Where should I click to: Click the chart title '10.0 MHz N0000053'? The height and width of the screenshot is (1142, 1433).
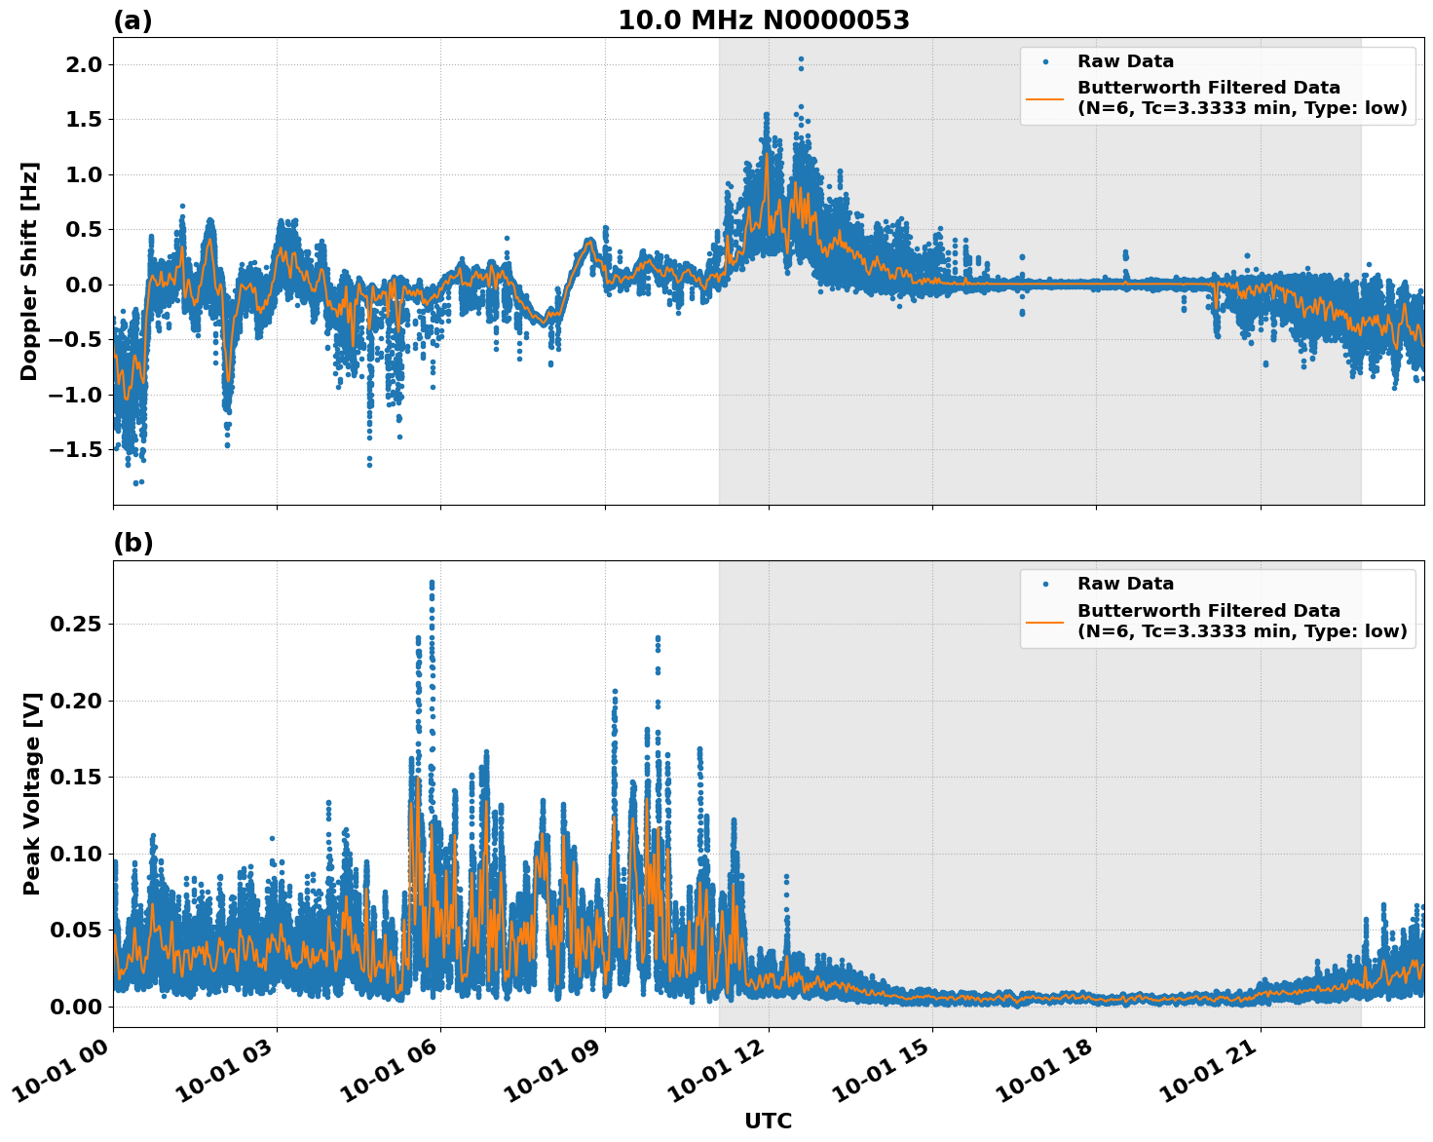pyautogui.click(x=763, y=20)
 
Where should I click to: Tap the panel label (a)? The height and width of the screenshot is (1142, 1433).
pyautogui.click(x=132, y=20)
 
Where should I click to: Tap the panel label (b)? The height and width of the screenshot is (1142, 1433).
pyautogui.click(x=132, y=543)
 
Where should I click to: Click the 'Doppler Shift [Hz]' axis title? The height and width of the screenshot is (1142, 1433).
pyautogui.click(x=29, y=271)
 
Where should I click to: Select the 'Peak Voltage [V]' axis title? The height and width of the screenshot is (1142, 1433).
pyautogui.click(x=32, y=794)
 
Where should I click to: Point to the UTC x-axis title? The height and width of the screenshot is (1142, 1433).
pyautogui.click(x=768, y=1121)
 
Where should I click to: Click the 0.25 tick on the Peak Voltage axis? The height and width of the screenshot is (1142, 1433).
pyautogui.click(x=75, y=624)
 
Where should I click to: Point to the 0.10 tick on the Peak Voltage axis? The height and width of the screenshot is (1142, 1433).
pyautogui.click(x=75, y=854)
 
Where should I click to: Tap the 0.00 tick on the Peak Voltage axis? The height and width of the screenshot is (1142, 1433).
pyautogui.click(x=75, y=1007)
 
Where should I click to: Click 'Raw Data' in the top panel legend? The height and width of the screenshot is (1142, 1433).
pyautogui.click(x=1125, y=61)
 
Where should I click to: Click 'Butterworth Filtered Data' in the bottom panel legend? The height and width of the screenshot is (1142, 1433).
pyautogui.click(x=1208, y=611)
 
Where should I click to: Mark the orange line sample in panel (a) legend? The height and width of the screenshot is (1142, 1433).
pyautogui.click(x=1044, y=97)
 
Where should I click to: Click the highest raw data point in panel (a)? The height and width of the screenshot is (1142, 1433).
pyautogui.click(x=801, y=59)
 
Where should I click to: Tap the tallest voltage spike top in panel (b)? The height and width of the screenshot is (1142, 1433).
pyautogui.click(x=432, y=583)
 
